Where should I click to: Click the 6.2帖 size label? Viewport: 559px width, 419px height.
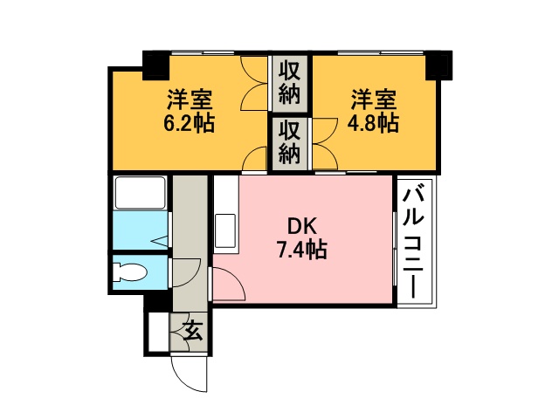click(189, 124)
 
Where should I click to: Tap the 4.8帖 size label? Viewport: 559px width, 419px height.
click(373, 124)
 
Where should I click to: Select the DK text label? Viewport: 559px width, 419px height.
click(302, 226)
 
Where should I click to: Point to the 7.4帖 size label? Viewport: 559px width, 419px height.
click(302, 250)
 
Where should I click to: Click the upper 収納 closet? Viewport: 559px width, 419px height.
click(289, 83)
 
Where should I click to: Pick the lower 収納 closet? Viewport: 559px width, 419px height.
click(289, 143)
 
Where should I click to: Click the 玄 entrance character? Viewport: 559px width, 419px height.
click(193, 330)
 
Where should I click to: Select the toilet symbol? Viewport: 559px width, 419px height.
click(129, 272)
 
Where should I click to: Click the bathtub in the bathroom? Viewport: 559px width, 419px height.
click(140, 192)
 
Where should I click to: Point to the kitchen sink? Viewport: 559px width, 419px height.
click(225, 230)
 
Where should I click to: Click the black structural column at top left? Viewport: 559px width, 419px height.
click(155, 65)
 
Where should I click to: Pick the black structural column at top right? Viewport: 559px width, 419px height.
click(439, 65)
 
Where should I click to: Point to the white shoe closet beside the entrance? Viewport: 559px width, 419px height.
click(158, 332)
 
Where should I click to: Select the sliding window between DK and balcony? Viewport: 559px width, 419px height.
click(395, 249)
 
